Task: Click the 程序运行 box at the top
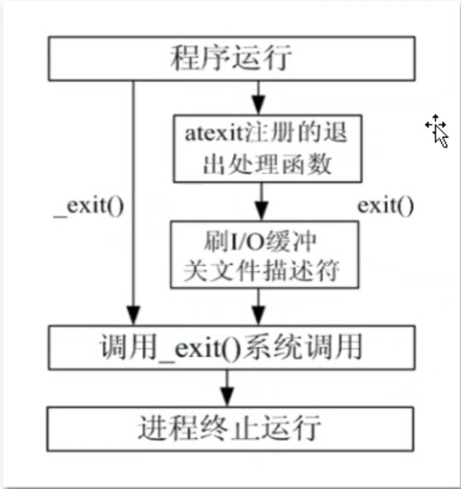(230, 59)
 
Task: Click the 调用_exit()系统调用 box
(230, 345)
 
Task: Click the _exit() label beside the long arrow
(89, 205)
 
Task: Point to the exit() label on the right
(386, 205)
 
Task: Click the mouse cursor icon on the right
(437, 130)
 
